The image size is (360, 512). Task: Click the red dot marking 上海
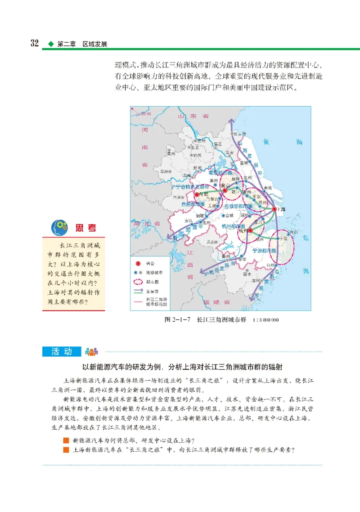click(274, 209)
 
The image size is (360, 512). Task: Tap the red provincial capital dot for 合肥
click(197, 195)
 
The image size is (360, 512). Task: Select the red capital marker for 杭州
click(250, 230)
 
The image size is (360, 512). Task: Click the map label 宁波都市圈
click(265, 250)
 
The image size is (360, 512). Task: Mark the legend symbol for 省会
click(138, 264)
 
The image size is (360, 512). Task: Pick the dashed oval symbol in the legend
click(138, 282)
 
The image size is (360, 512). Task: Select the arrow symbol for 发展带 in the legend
click(138, 291)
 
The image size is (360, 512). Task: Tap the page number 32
click(34, 43)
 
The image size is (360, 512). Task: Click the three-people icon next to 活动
click(91, 352)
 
